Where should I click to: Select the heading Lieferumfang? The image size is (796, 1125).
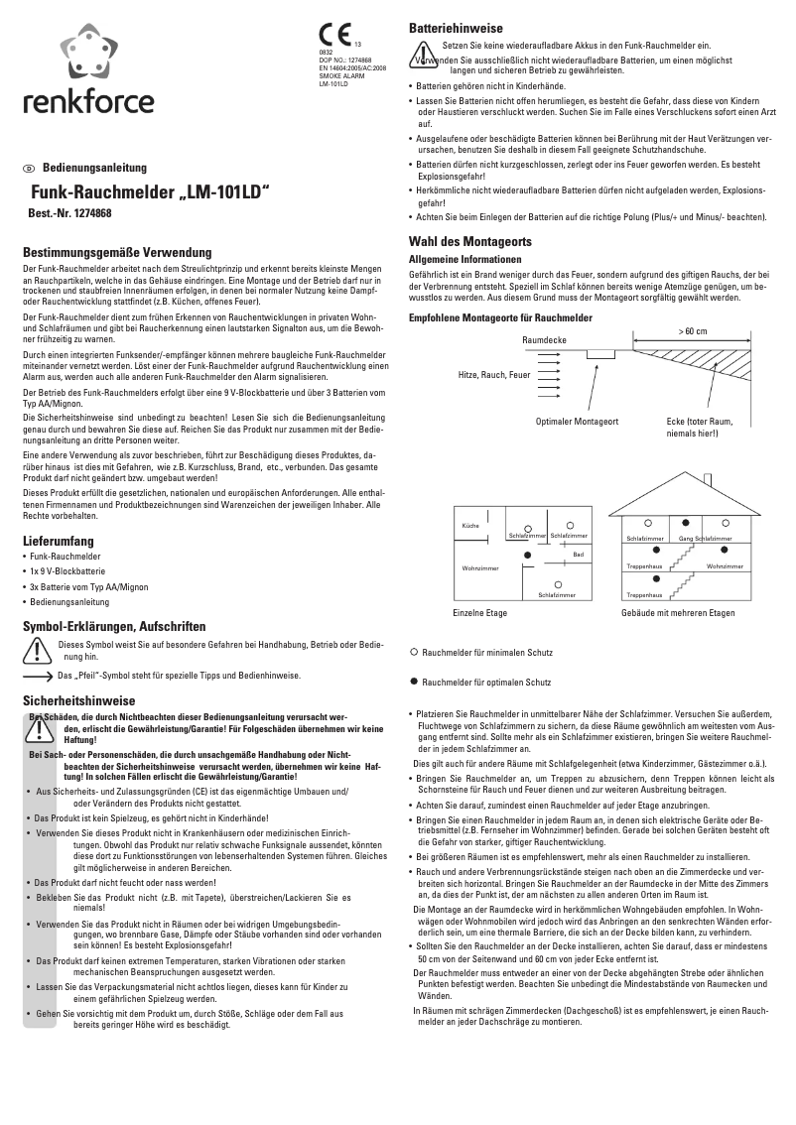(59, 542)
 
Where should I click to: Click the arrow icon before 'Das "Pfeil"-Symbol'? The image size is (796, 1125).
(39, 676)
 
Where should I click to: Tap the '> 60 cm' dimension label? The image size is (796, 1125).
(693, 330)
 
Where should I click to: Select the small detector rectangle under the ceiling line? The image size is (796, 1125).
(600, 353)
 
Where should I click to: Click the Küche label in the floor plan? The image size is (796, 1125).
(471, 524)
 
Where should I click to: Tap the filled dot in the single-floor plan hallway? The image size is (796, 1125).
(513, 554)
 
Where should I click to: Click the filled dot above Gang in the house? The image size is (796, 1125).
(685, 522)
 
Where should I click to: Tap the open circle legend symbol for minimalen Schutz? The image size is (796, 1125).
(413, 653)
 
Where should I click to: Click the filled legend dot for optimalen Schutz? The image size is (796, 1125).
(413, 683)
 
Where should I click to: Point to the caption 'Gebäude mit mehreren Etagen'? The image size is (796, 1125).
(678, 614)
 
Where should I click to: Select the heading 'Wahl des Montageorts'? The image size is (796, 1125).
(470, 242)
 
